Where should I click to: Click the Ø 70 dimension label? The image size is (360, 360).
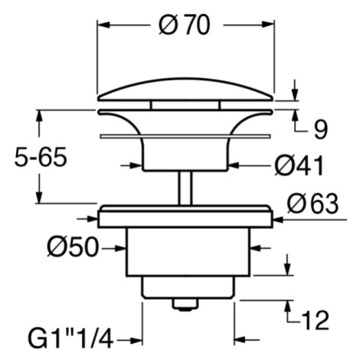[x=184, y=25]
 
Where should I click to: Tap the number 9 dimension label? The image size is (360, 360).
[x=320, y=131]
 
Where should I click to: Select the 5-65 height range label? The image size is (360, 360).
[x=41, y=157]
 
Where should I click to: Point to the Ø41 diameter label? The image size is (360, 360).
[x=299, y=166]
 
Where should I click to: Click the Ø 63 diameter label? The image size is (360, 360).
[x=313, y=204]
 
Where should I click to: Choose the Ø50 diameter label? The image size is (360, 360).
[x=73, y=247]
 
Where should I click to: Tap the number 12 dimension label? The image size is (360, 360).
[x=315, y=320]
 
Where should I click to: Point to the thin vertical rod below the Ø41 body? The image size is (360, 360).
[x=185, y=188]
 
